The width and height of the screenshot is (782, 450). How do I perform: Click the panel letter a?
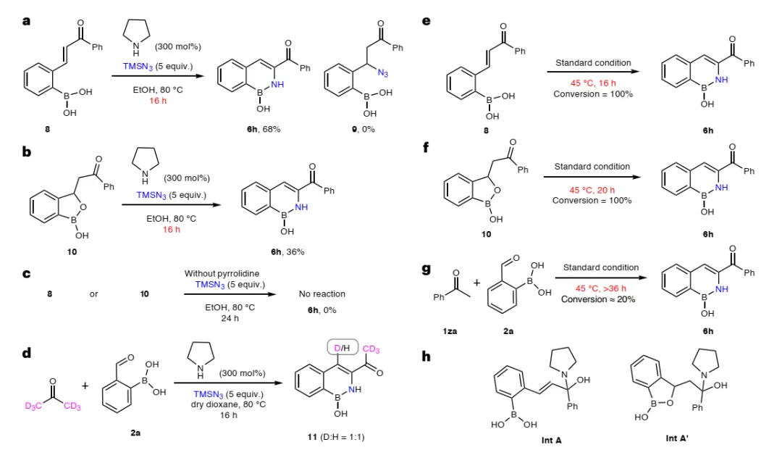click(27, 21)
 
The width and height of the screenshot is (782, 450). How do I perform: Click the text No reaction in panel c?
click(321, 294)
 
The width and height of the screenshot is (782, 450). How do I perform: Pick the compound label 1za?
click(449, 331)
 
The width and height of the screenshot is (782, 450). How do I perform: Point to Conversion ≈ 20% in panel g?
click(594, 299)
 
